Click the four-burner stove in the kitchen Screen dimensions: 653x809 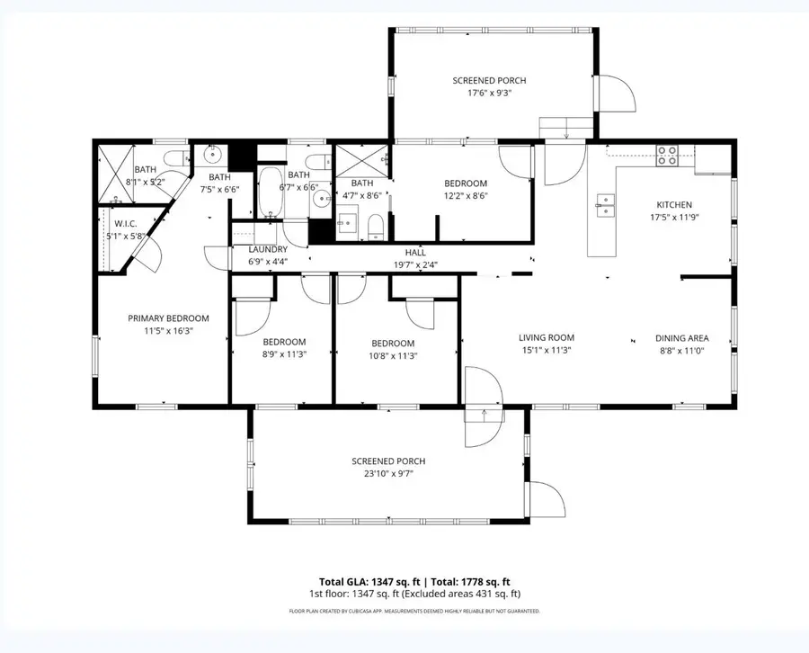click(666, 157)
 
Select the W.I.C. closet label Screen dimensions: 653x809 click(125, 224)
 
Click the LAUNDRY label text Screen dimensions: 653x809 click(268, 249)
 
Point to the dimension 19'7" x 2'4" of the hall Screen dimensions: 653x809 click(414, 264)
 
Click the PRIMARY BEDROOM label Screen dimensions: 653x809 click(168, 318)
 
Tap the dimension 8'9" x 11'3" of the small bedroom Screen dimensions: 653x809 click(284, 355)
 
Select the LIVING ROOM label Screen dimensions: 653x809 click(546, 338)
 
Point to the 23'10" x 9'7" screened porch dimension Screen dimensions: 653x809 click(387, 473)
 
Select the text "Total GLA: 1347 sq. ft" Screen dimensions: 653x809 click(370, 581)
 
